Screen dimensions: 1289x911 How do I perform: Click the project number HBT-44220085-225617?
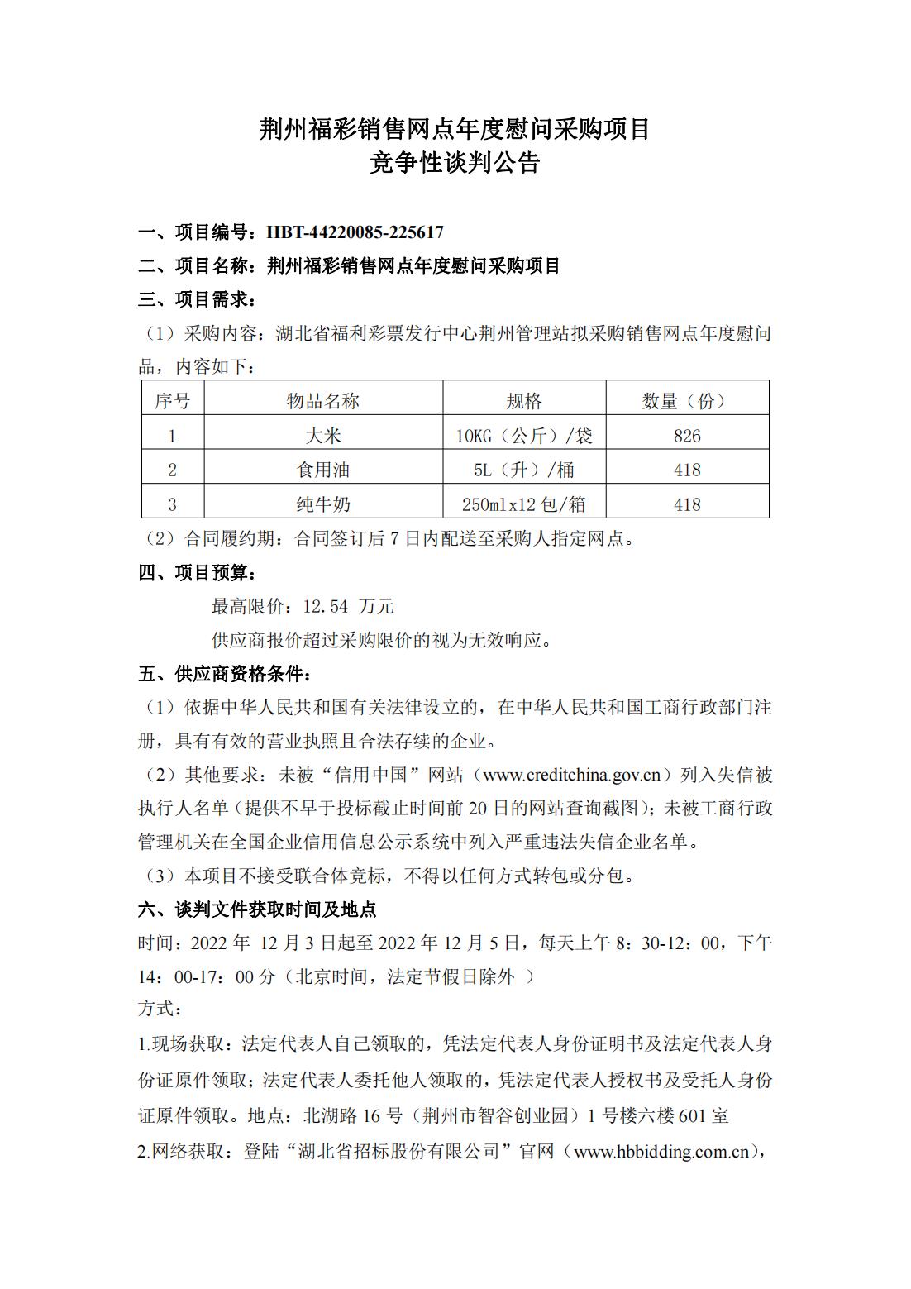355,232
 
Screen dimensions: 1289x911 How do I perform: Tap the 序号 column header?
172,401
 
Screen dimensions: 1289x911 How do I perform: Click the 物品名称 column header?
322,401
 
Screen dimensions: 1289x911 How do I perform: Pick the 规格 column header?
523,401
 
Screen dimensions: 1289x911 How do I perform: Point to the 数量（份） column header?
686,401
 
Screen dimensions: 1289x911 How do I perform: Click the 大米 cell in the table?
322,436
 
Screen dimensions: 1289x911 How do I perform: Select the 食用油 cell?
322,470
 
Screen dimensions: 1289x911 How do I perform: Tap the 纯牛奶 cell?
322,504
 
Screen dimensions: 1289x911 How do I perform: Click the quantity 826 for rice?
686,436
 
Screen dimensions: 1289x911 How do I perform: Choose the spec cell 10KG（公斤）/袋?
523,436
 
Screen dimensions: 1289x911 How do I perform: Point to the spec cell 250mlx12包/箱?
523,504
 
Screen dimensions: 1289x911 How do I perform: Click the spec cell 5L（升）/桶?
523,470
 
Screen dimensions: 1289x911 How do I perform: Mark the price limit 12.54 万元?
348,606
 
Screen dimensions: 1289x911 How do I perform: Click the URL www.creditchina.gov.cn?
571,775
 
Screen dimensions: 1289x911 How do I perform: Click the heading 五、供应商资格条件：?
225,674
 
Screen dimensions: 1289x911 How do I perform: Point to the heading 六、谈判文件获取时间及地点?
257,909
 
